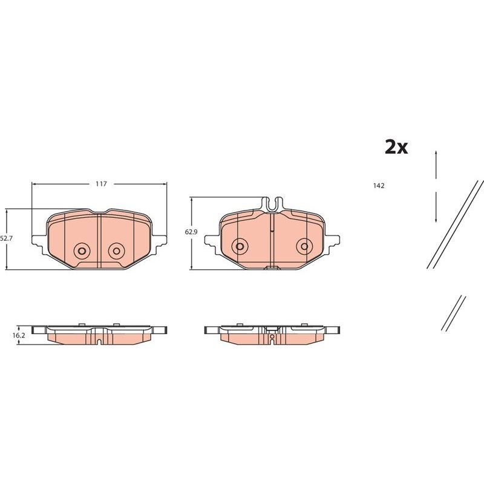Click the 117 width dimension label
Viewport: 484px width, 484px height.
101,184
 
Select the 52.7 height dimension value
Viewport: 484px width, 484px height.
5,238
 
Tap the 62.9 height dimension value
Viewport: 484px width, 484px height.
191,232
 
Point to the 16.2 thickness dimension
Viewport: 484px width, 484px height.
19,335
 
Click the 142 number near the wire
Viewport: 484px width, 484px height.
379,186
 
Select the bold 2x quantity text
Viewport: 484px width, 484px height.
396,147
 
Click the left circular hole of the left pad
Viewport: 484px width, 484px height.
82,250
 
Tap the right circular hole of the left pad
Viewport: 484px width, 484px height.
116,250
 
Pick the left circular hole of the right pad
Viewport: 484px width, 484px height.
240,246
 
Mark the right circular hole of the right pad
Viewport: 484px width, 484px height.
304,246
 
